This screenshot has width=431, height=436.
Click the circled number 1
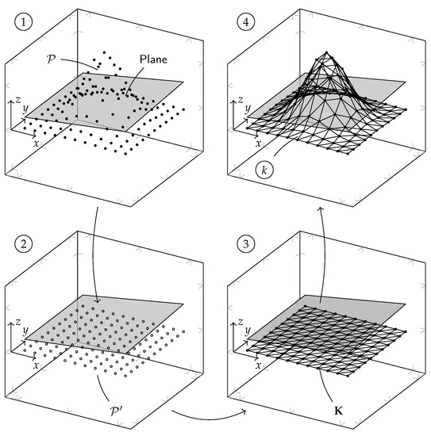point(23,22)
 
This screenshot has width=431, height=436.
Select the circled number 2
point(23,244)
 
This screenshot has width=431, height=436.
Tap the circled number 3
point(246,244)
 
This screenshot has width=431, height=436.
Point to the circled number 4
point(246,22)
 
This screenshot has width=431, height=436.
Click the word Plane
point(153,59)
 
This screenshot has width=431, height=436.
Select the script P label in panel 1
point(52,59)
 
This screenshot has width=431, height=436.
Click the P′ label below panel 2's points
point(115,411)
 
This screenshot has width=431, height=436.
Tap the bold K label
point(339,411)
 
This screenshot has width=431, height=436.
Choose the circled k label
point(264,170)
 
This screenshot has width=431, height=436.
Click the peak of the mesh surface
point(326,52)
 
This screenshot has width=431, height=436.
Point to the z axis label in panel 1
point(17,100)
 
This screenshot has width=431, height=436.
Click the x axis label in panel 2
point(36,365)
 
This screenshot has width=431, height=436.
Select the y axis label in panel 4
point(248,109)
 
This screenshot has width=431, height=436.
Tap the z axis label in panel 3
point(241,322)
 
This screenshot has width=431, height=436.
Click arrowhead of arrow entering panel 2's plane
point(97,301)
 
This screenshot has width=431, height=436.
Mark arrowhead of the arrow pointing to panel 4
point(321,208)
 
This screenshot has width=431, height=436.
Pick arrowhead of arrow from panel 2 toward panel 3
point(244,412)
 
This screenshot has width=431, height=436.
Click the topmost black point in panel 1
point(105,52)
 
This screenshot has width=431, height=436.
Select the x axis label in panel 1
point(36,143)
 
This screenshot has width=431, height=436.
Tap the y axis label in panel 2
point(25,331)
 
